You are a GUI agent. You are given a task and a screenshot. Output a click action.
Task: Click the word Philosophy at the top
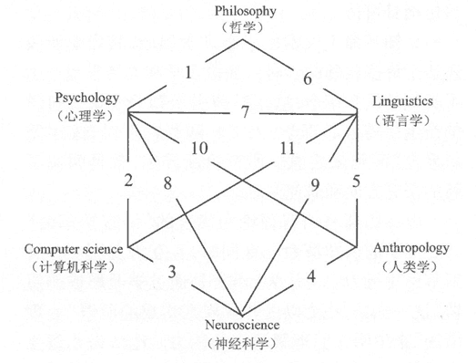point(245,11)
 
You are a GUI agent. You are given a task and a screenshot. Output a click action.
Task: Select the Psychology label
point(87,98)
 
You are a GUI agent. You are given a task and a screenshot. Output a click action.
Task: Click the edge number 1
point(189,71)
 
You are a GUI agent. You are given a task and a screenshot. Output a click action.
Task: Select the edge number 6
point(307,78)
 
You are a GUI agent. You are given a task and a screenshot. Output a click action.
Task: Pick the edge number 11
point(289,148)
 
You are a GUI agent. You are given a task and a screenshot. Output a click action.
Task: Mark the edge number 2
point(130,180)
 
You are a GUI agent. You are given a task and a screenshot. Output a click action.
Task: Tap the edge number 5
point(357,180)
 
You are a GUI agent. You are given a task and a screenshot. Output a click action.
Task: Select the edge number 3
point(171,272)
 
